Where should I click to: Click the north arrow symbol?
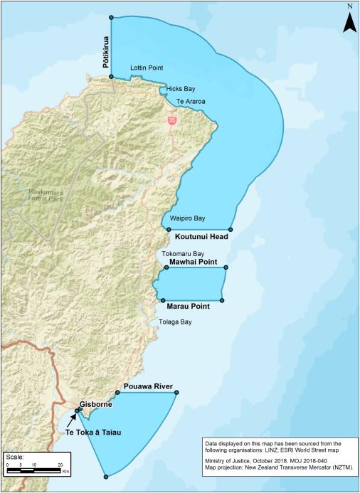pos(349,20)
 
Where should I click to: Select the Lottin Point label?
pos(147,68)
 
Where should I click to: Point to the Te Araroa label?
pos(190,102)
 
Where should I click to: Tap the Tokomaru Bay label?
pos(183,253)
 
